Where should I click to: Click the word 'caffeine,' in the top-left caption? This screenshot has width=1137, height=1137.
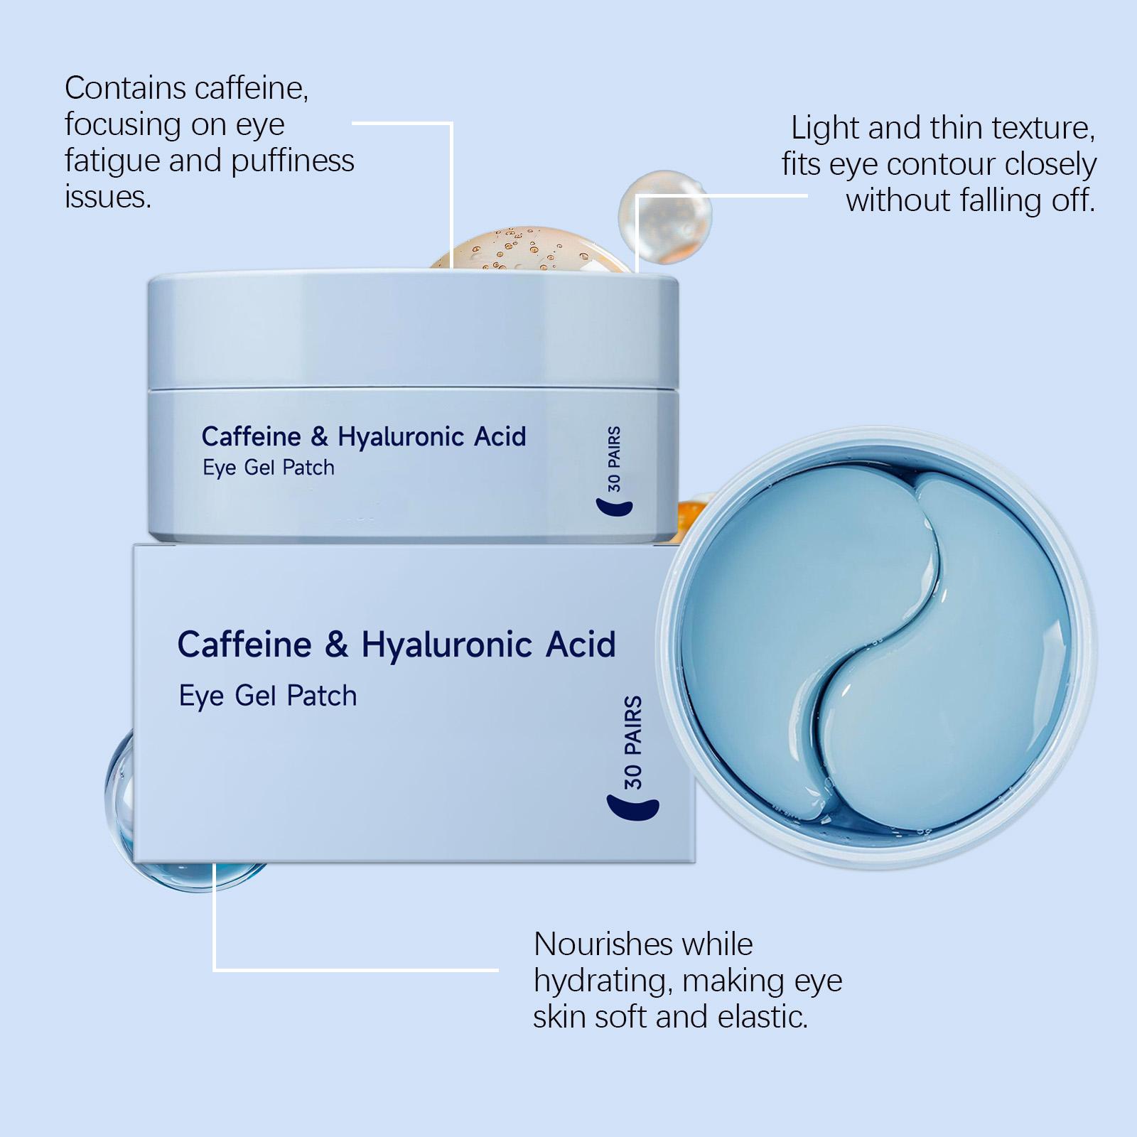(x=252, y=89)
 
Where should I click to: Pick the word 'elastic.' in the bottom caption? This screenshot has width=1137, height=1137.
(x=763, y=1017)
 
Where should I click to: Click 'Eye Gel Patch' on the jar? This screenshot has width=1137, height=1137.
(x=269, y=468)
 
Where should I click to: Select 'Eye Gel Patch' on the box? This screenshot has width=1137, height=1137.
(x=268, y=696)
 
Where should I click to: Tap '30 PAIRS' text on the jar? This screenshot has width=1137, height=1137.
(x=614, y=459)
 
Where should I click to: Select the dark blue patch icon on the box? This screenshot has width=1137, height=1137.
(x=632, y=808)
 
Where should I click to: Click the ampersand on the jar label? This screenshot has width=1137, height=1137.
(x=320, y=437)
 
